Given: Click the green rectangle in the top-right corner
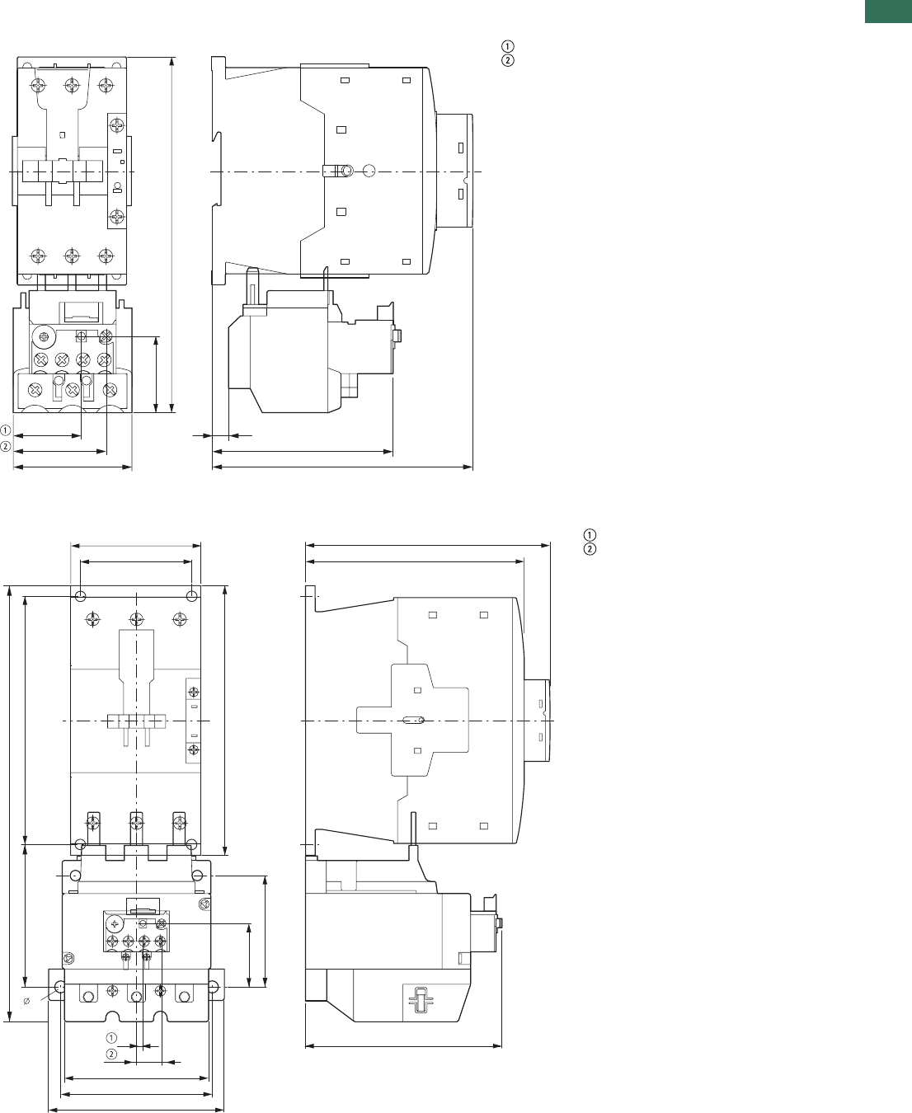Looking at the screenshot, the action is click(x=888, y=11).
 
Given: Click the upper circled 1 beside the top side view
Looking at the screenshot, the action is click(x=507, y=46).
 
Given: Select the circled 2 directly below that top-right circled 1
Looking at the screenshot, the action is click(x=507, y=61).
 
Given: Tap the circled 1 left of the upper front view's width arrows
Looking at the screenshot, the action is click(x=5, y=430).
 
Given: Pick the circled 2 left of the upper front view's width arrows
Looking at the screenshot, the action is click(x=5, y=447).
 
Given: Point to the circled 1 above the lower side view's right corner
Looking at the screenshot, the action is click(x=590, y=534).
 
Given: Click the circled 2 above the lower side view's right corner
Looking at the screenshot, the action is click(x=590, y=549).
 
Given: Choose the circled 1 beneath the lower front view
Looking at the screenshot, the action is click(x=111, y=1038).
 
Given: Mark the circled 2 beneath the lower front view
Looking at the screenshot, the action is click(x=111, y=1054).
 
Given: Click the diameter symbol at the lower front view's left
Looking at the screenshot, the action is click(x=27, y=1001).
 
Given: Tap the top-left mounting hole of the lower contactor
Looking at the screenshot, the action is click(x=81, y=596).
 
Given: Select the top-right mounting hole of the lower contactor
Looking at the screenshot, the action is click(x=192, y=596).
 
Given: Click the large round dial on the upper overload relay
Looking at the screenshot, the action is click(x=44, y=336).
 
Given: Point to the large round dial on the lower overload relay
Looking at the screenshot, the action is click(x=114, y=924).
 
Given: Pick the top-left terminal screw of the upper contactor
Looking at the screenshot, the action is click(x=38, y=84).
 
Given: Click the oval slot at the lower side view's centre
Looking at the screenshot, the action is click(x=413, y=720).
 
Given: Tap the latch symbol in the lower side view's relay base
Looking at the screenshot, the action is click(x=420, y=999).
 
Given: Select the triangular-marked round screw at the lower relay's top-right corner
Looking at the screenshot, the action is click(x=204, y=905).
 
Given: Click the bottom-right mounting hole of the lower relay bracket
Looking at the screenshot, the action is click(x=214, y=986).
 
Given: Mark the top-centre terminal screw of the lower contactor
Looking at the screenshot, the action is click(x=137, y=619).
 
